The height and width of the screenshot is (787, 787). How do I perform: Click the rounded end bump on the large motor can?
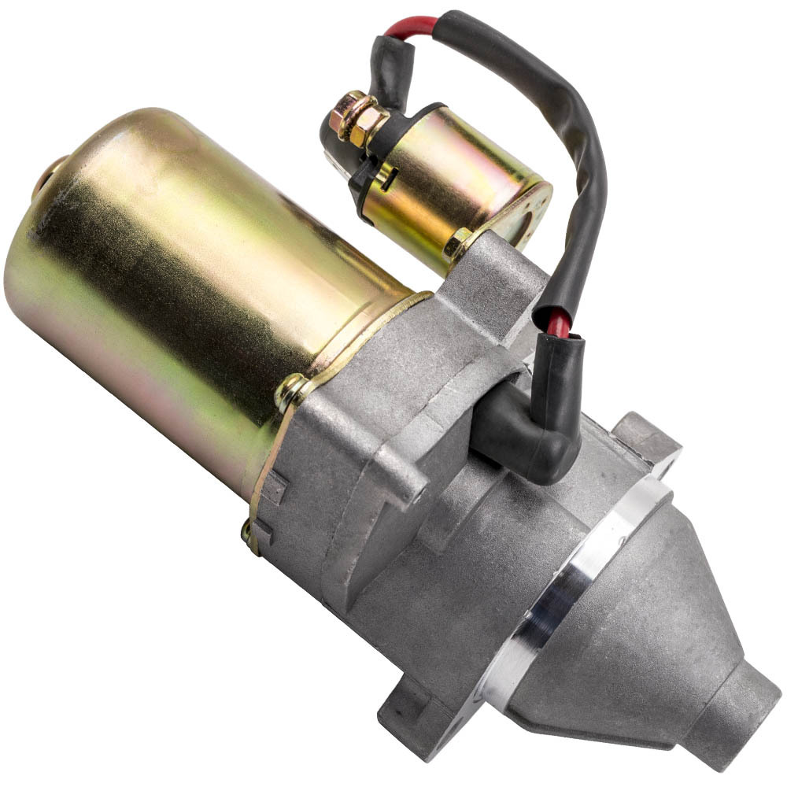[47, 177]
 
